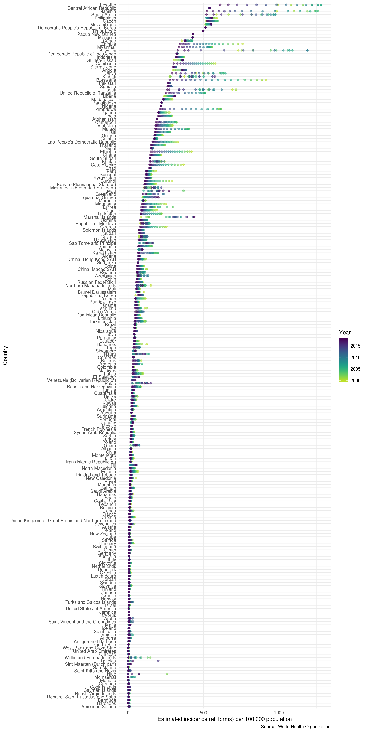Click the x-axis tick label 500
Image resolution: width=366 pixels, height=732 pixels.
203,712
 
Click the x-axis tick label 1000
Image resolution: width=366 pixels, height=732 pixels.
279,712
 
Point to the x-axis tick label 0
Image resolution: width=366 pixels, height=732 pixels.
128,712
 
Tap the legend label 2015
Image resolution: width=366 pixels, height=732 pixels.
355,346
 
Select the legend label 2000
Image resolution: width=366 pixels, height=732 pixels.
355,380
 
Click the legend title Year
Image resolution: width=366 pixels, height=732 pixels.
345,332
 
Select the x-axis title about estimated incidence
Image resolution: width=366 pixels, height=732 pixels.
225,719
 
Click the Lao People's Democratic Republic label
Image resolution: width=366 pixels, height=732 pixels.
82,142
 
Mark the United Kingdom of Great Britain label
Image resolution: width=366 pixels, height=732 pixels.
63,521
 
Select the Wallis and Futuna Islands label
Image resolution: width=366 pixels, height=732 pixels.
90,657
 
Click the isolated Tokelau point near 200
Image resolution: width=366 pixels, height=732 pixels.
158,661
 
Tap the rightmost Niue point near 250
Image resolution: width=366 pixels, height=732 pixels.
167,674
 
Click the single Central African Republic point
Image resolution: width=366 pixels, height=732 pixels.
209,8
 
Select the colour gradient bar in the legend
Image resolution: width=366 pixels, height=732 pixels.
343,360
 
